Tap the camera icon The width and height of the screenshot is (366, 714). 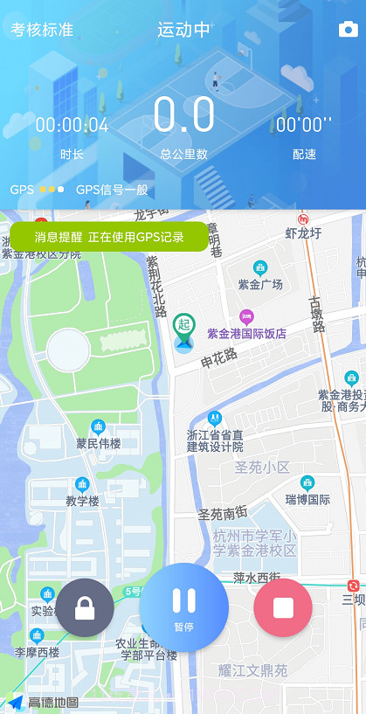coord(348,31)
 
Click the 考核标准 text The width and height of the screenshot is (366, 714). coord(42,30)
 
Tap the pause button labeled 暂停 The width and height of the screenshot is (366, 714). coord(184,607)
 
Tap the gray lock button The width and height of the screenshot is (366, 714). coord(85,607)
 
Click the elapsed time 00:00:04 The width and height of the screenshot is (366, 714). coord(72,125)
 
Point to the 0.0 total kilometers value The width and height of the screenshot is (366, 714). coord(183,115)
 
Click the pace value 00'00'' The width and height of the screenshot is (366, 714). coord(304,125)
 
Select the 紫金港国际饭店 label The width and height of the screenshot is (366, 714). coord(246,333)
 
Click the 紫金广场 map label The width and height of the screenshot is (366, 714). coord(260,285)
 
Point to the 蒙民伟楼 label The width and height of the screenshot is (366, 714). coord(98,443)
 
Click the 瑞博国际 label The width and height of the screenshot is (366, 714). coord(307,500)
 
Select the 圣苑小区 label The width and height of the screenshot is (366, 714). coord(262,468)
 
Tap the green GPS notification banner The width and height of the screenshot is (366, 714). coord(109,237)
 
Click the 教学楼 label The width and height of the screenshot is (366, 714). coord(83,501)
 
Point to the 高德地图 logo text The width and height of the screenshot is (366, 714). coord(53,702)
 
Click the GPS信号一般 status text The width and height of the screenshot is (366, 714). coord(112,190)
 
